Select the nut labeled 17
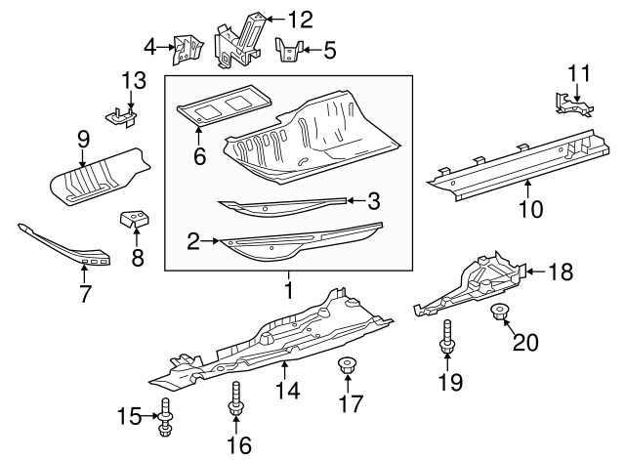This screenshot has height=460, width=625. (x=346, y=368)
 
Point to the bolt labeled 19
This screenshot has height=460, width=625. (x=447, y=338)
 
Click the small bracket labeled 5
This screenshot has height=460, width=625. (x=290, y=50)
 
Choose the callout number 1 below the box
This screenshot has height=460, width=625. (x=288, y=290)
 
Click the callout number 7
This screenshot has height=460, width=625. (x=84, y=293)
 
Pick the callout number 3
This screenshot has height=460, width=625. (x=374, y=202)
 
